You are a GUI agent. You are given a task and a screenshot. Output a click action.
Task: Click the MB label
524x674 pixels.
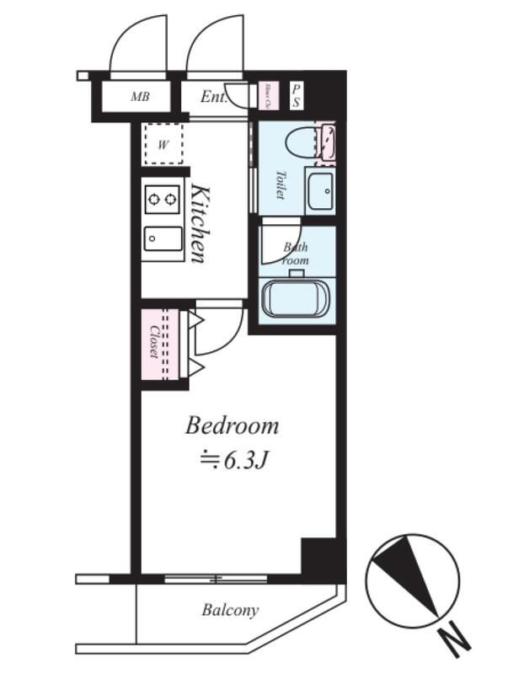(x=139, y=97)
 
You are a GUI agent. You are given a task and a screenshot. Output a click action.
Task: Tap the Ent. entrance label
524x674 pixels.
(x=214, y=97)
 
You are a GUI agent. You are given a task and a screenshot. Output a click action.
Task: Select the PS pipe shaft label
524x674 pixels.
(x=297, y=94)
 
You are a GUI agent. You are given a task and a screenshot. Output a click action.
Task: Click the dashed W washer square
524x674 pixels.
(x=163, y=144)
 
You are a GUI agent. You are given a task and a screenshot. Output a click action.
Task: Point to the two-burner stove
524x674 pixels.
(x=163, y=200)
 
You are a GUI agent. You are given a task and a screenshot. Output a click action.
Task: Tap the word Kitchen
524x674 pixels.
(x=198, y=222)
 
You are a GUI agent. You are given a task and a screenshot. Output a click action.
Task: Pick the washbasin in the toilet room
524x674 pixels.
(x=319, y=193)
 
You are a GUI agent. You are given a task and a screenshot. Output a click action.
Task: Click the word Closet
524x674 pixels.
(x=153, y=342)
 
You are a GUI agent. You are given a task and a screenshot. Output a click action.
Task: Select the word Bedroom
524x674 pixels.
(x=232, y=425)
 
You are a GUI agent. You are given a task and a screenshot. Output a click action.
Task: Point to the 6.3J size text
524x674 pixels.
(x=244, y=460)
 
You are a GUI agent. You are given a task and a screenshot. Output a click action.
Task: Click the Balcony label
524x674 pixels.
(x=230, y=610)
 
